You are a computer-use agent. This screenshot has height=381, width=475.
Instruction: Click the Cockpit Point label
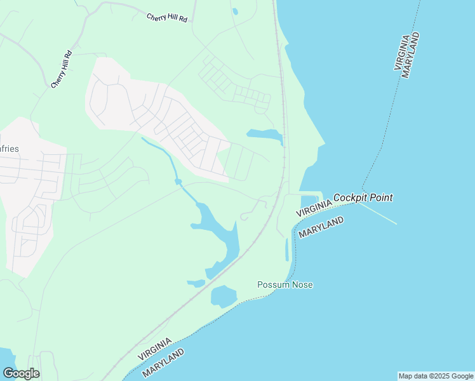pyautogui.click(x=363, y=197)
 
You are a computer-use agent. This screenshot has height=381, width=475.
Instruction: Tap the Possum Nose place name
pyautogui.click(x=284, y=284)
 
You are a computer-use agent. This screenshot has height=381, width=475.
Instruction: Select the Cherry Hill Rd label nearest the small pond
pyautogui.click(x=167, y=18)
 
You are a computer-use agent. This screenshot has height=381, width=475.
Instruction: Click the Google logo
pyautogui.click(x=21, y=373)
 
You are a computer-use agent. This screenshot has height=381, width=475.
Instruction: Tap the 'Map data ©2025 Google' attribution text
pyautogui.click(x=436, y=376)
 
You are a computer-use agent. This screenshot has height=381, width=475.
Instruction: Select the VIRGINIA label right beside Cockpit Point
pyautogui.click(x=313, y=206)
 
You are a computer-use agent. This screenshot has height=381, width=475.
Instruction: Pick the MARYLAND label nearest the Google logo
pyautogui.click(x=163, y=363)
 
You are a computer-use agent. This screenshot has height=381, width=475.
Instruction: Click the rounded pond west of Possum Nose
pyautogui.click(x=223, y=296)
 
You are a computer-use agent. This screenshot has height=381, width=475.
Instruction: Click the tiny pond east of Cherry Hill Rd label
pyautogui.click(x=235, y=11)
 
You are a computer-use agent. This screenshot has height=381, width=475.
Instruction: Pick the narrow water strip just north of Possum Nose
pyautogui.click(x=287, y=250)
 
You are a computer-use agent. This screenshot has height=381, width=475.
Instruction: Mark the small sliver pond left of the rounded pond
pyautogui.click(x=196, y=283)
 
